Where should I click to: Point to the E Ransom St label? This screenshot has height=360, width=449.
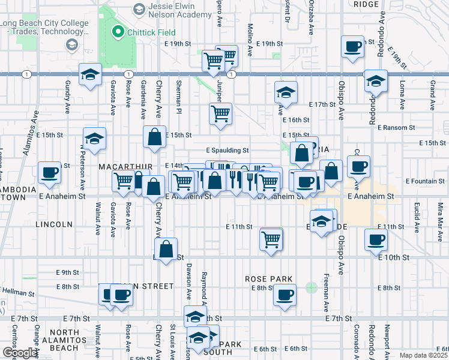point(396,127)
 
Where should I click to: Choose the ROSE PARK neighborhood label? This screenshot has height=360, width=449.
point(268,279)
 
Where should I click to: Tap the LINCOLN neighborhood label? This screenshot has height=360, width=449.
point(54,224)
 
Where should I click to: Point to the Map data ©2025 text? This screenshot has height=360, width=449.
point(424,355)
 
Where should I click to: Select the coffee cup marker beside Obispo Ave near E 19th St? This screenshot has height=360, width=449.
point(352,46)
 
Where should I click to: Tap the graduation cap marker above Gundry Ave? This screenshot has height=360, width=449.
point(90,75)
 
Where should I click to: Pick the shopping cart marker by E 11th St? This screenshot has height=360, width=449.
point(271,239)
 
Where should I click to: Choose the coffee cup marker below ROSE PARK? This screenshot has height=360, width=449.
point(285,295)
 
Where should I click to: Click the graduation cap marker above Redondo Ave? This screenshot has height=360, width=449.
point(376,80)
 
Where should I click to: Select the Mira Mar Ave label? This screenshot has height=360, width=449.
point(440,214)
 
